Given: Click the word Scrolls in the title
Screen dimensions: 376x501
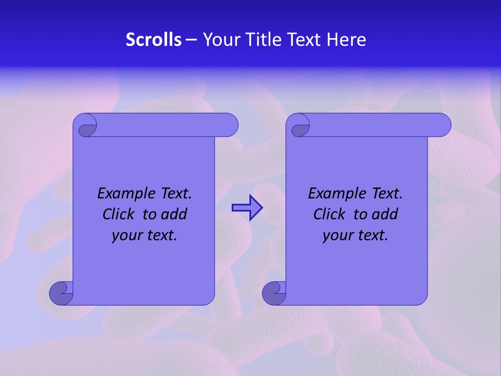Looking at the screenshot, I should tap(154, 40).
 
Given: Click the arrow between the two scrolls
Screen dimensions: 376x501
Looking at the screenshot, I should tap(247, 208).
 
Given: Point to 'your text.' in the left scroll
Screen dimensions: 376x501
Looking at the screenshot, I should tap(145, 236).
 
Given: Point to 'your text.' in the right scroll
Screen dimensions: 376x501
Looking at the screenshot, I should tap(355, 236).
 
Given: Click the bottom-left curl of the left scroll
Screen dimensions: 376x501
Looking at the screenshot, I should tap(61, 292).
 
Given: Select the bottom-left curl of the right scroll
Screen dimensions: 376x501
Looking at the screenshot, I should tap(273, 292).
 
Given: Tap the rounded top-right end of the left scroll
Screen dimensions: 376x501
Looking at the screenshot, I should tap(230, 125).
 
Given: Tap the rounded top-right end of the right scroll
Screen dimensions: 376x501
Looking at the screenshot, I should tap(443, 125).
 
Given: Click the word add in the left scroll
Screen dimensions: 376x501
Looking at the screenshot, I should tap(174, 214).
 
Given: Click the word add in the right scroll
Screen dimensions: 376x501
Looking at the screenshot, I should tap(385, 214).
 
